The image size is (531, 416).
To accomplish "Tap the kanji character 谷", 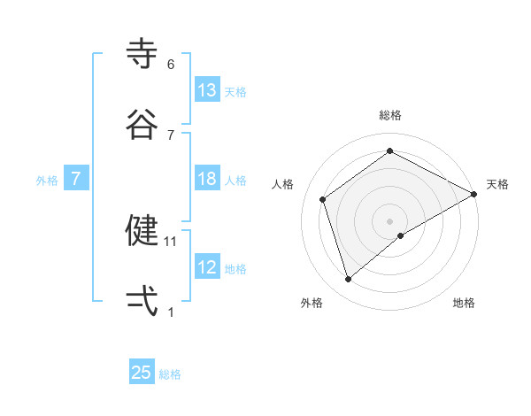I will tap(142, 124).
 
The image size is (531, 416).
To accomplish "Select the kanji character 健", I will tap(142, 230).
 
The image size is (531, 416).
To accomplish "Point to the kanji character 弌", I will tap(142, 301).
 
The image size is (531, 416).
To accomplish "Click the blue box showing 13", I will tap(207, 90).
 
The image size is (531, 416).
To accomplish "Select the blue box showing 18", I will tap(207, 179).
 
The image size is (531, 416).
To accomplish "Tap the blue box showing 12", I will tap(207, 267).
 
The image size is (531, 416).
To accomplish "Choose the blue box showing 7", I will tap(76, 179).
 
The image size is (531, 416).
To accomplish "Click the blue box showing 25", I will tap(142, 373).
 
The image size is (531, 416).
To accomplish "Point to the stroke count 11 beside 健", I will tap(172, 241).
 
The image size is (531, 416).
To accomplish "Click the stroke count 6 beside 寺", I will tap(171, 65).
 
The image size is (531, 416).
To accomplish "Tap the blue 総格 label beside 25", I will tap(170, 374).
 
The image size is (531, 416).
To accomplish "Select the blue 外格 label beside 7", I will tap(47, 181).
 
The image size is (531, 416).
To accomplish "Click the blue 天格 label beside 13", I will tap(235, 92).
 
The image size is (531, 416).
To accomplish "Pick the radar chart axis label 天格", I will tap(497, 184).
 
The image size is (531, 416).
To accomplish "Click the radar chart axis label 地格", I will tap(464, 303).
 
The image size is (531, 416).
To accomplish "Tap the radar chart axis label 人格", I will tap(282, 184).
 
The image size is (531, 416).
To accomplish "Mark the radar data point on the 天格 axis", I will tap(474, 194).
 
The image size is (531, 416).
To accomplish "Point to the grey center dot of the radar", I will tap(390, 220).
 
